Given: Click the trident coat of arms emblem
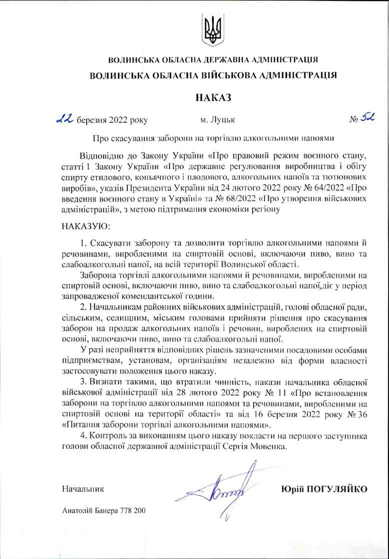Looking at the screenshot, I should click(x=213, y=29).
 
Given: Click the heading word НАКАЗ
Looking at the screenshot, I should click(x=213, y=97).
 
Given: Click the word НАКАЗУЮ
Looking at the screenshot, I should click(x=81, y=226).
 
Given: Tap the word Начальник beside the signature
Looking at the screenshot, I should click(x=83, y=488).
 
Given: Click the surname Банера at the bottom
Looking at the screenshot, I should click(x=105, y=511).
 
